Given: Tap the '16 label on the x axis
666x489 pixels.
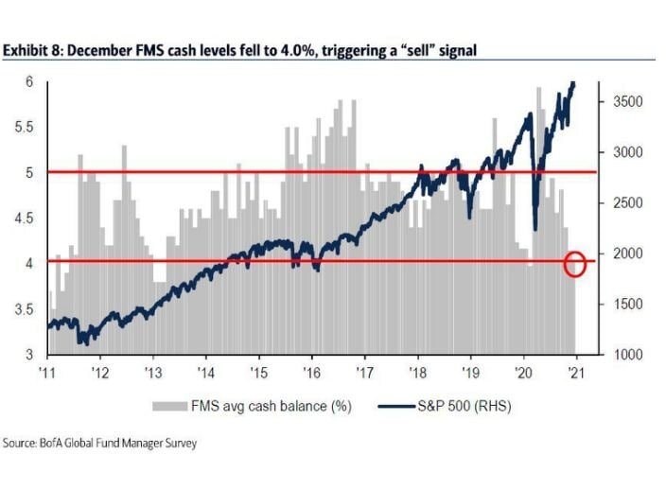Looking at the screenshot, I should (x=311, y=371).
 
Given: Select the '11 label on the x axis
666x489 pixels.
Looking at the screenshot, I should (x=46, y=371).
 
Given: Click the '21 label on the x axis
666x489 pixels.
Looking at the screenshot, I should (x=575, y=371).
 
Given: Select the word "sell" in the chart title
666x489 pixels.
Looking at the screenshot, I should (x=413, y=49).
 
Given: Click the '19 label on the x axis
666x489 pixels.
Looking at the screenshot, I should (x=470, y=371).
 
